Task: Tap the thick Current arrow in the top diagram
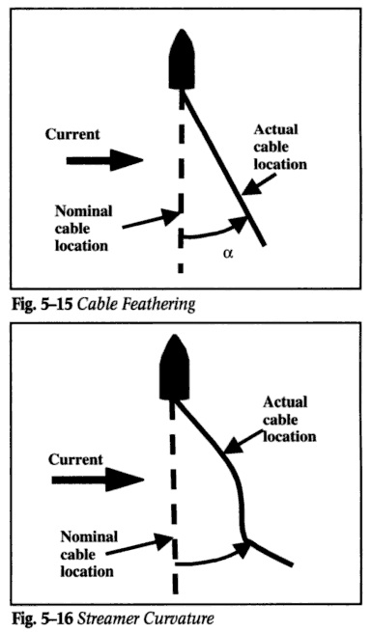[104, 159]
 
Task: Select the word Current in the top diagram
[73, 134]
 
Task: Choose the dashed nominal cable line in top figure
[180, 174]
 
